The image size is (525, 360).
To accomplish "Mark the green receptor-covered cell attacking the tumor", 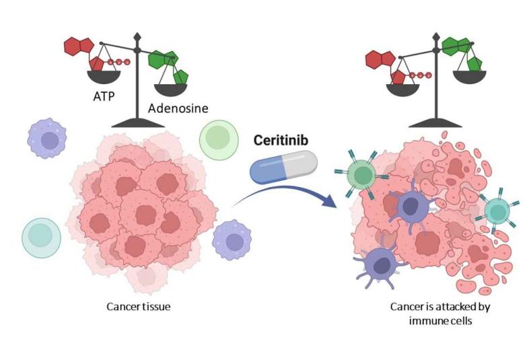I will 362,176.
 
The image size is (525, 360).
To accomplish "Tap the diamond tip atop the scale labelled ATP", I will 137,35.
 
